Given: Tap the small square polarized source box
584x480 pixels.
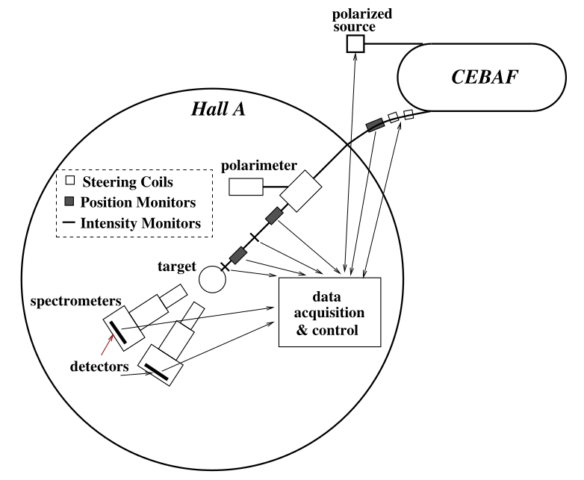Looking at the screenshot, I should click(355, 44).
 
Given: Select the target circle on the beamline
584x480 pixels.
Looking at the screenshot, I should click(212, 278).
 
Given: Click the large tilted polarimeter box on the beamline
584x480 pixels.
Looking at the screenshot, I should click(299, 190).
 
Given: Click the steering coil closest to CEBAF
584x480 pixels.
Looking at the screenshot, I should click(409, 114).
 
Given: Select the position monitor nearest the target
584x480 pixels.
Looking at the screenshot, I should click(238, 255).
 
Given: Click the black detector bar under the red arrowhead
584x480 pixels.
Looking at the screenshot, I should click(117, 331).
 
